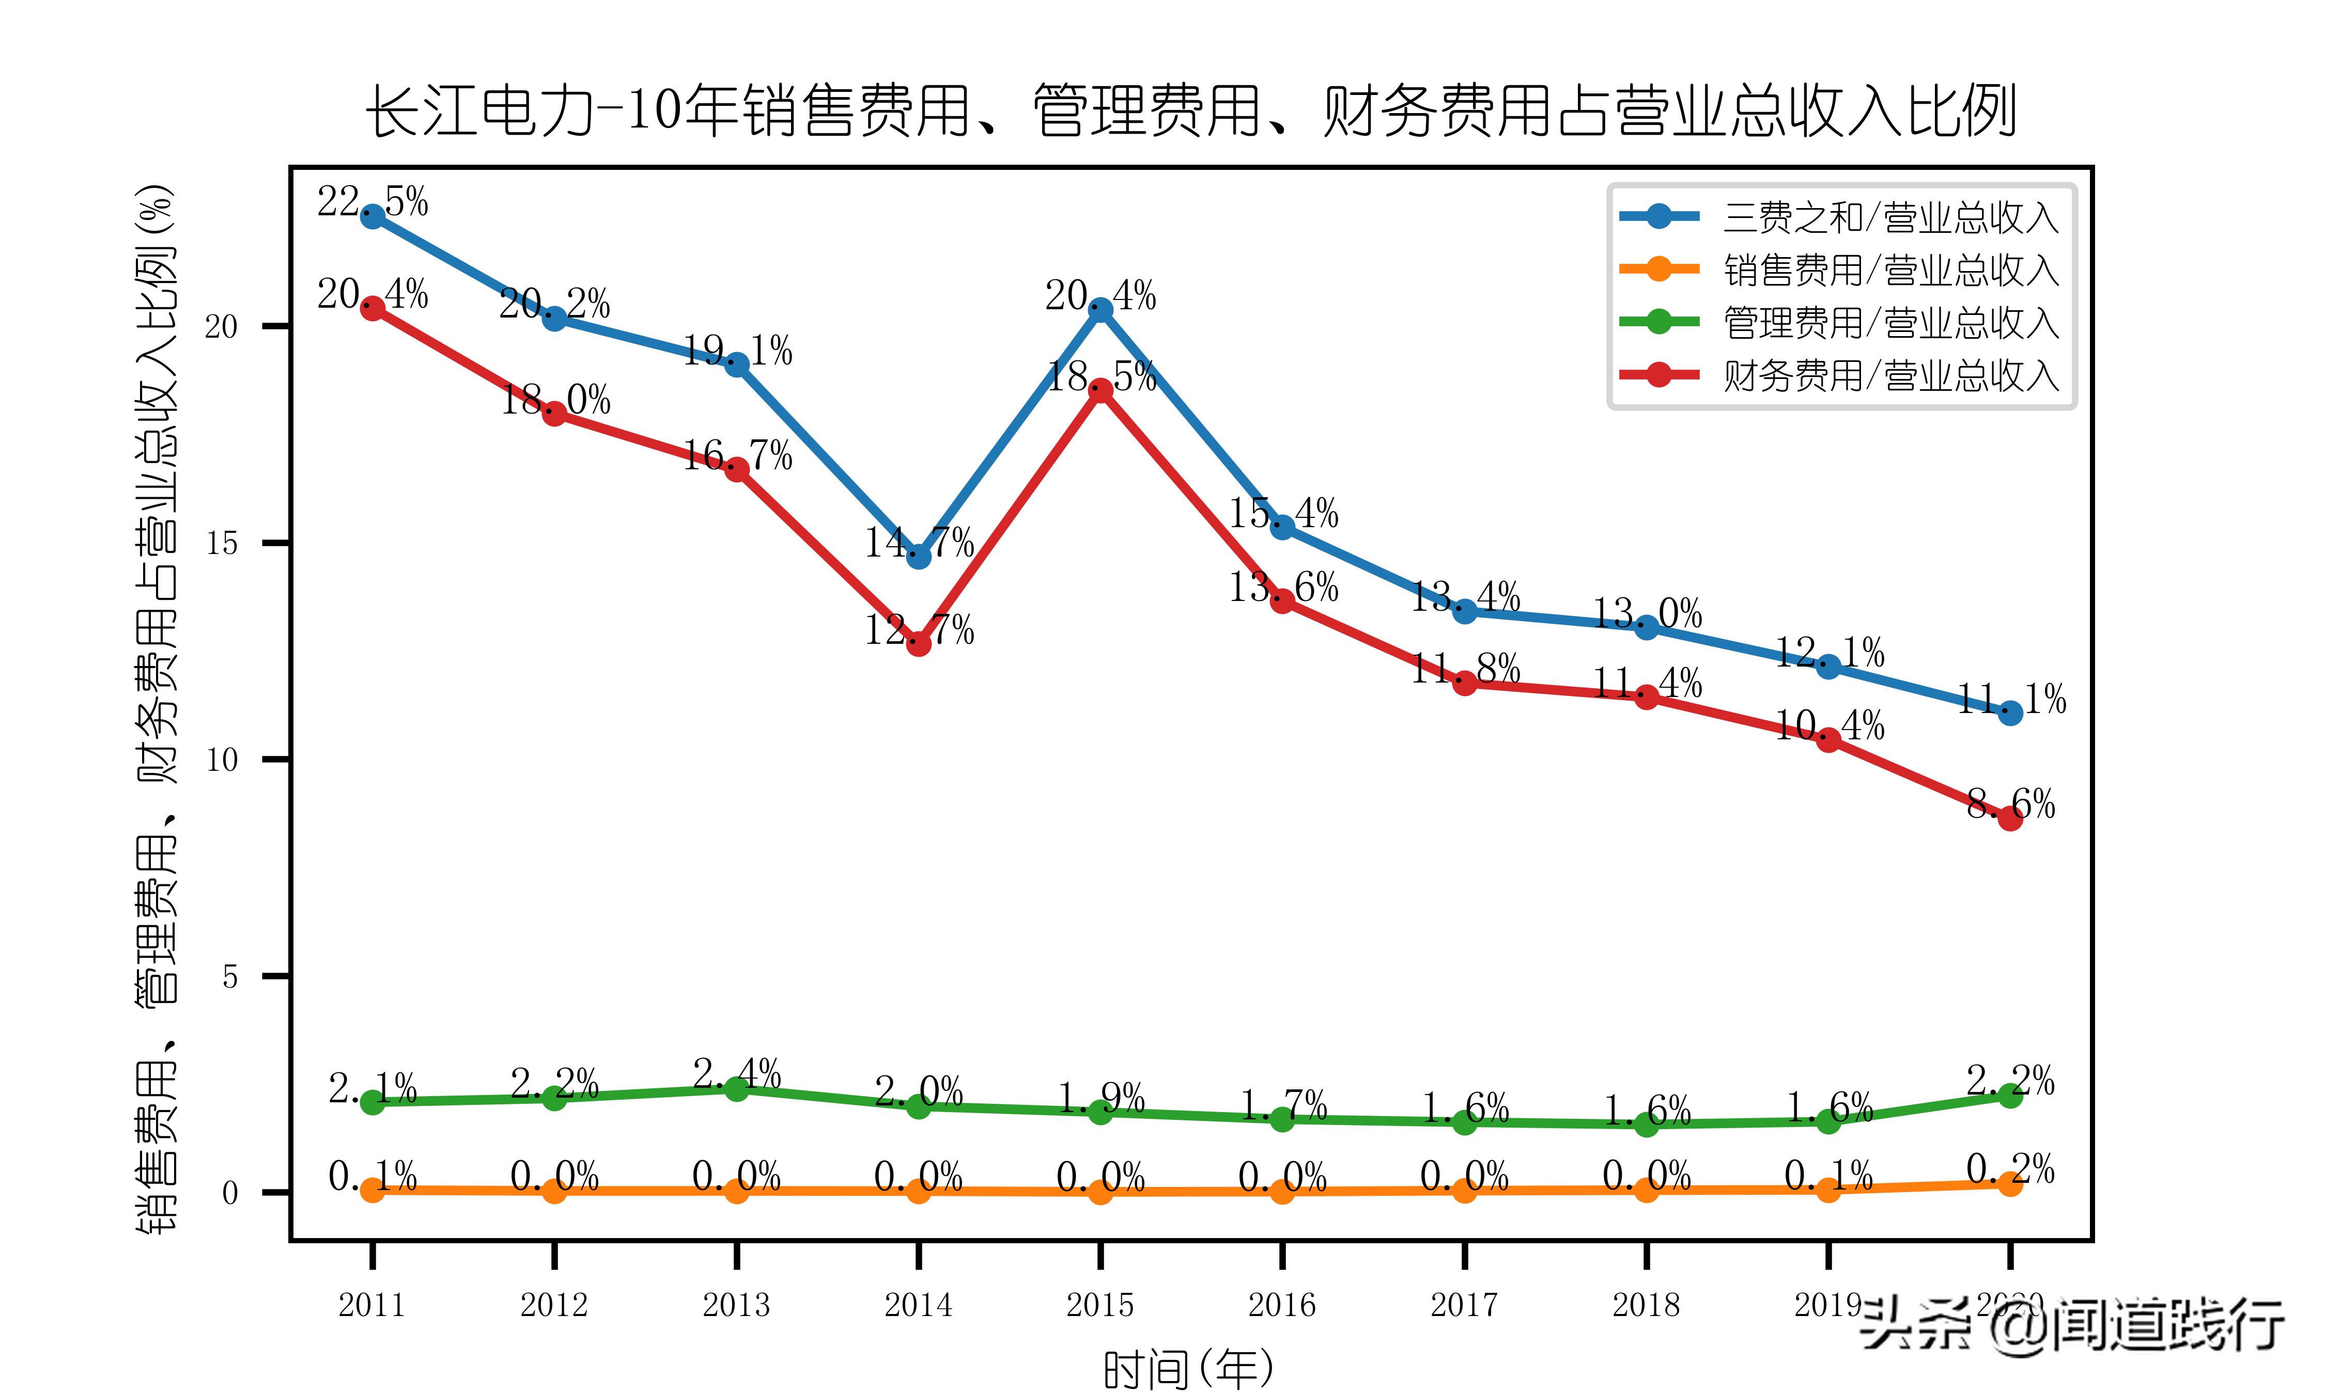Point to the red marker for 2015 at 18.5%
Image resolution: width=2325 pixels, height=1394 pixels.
(x=1100, y=391)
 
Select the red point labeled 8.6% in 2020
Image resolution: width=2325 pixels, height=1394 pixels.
(x=2010, y=819)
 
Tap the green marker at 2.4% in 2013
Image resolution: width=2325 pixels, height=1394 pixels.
(x=737, y=1089)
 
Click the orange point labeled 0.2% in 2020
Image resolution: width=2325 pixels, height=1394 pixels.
(x=2010, y=1183)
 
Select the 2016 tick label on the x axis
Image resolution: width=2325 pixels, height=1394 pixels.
(x=1282, y=1305)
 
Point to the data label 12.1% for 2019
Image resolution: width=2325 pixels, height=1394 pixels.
(x=1829, y=652)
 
